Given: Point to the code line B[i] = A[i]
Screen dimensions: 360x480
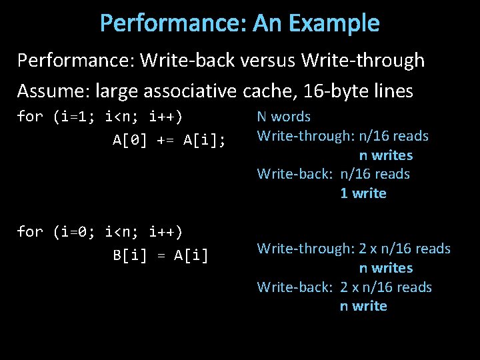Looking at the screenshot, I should click(160, 255).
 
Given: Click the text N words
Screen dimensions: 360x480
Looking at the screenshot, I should click(284, 117).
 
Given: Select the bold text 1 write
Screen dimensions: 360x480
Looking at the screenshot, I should click(363, 193).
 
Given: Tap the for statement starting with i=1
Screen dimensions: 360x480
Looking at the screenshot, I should click(100, 117).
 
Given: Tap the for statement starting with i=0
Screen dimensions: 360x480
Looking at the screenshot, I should click(100, 231).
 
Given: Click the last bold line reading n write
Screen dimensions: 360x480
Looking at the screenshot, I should click(363, 306).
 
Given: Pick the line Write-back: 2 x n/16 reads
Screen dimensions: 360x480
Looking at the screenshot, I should click(345, 287).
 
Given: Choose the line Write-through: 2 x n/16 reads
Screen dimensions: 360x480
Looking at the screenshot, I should click(354, 249).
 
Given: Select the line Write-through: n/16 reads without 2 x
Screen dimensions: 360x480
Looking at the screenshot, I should click(343, 136).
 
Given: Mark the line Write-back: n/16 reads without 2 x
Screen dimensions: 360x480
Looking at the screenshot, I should click(333, 174).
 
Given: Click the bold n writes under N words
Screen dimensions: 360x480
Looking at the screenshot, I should click(386, 155).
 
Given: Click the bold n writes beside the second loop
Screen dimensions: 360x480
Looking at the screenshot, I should click(386, 268).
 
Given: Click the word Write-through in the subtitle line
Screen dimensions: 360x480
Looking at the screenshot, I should click(363, 61).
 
